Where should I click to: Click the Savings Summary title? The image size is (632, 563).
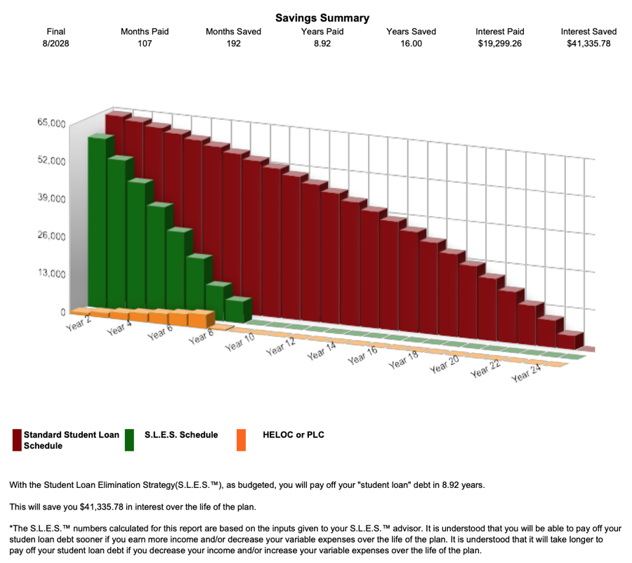[x=322, y=18]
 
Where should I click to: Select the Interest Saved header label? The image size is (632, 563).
[x=588, y=32]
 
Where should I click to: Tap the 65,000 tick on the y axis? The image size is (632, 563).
[x=51, y=124]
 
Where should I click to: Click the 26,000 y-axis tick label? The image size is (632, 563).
[x=51, y=236]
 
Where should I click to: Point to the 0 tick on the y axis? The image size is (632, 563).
[x=62, y=312]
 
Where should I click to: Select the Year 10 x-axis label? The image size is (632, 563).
[x=239, y=343]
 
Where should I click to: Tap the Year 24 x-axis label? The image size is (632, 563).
[x=527, y=374]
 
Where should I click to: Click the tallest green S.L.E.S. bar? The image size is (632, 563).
[x=99, y=225]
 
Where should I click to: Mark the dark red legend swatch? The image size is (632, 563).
[x=17, y=439]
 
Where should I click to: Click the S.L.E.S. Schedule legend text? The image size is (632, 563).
[x=180, y=435]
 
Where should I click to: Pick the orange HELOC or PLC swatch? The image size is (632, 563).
[x=241, y=439]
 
